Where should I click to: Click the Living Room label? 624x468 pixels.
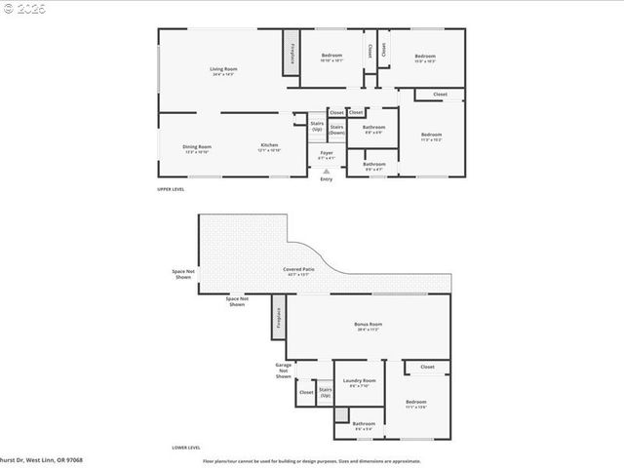pyautogui.click(x=223, y=71)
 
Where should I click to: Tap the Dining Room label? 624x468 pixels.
pyautogui.click(x=197, y=148)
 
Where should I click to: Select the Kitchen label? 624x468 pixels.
pyautogui.click(x=268, y=148)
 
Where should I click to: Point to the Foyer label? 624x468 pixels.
pyautogui.click(x=327, y=154)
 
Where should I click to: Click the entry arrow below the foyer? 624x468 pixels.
pyautogui.click(x=326, y=171)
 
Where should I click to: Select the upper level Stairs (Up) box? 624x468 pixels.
pyautogui.click(x=317, y=126)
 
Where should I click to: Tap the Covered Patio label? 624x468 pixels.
pyautogui.click(x=298, y=271)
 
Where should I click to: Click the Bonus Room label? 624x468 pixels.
pyautogui.click(x=368, y=327)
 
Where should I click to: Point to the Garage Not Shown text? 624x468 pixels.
pyautogui.click(x=283, y=370)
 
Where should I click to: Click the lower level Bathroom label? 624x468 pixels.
pyautogui.click(x=364, y=424)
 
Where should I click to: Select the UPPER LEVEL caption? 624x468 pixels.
pyautogui.click(x=171, y=188)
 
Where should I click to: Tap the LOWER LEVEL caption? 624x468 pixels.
pyautogui.click(x=185, y=448)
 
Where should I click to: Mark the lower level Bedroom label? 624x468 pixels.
pyautogui.click(x=416, y=403)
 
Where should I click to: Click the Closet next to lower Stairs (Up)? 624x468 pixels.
pyautogui.click(x=306, y=393)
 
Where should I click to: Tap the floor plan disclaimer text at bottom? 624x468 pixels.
pyautogui.click(x=311, y=460)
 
